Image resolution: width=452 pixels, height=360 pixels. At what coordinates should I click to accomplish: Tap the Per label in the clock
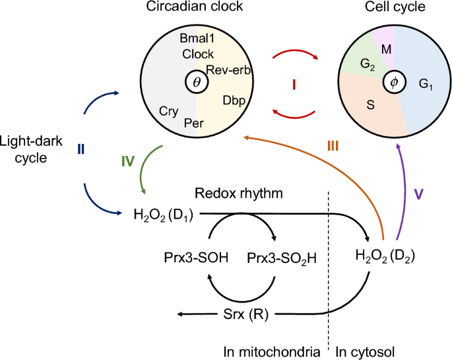[x=193, y=123]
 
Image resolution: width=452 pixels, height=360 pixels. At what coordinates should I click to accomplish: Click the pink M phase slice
[x=387, y=48]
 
